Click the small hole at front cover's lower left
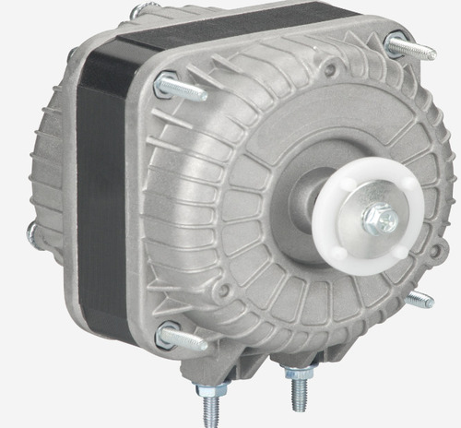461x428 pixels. click(222, 291)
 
